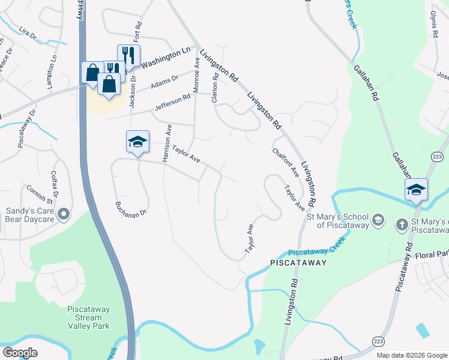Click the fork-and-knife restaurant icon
click(x=128, y=55)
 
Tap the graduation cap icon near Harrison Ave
click(x=137, y=142)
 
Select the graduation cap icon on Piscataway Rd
click(x=416, y=190)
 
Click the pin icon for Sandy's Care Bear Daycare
click(x=63, y=214)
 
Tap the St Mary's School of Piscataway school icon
click(x=378, y=220)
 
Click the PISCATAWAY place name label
click(x=298, y=263)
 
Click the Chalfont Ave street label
click(x=285, y=163)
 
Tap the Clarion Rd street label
click(x=214, y=88)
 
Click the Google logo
click(x=20, y=353)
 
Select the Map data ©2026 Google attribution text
click(x=411, y=355)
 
